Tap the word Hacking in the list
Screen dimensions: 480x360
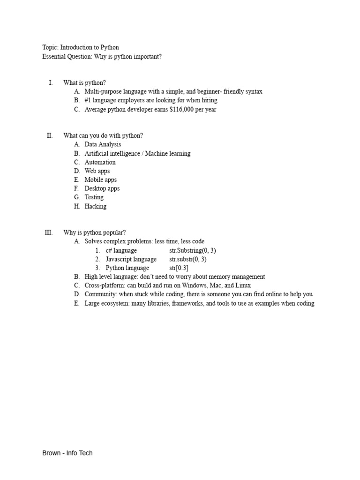(x=95, y=206)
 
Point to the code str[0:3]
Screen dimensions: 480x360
(x=179, y=268)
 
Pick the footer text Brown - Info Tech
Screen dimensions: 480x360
(x=67, y=453)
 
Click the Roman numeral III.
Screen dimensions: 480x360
(x=49, y=232)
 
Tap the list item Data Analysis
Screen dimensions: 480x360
(x=103, y=144)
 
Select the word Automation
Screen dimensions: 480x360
(x=100, y=162)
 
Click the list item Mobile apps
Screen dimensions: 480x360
(x=100, y=180)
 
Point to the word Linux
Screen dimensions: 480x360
(x=242, y=285)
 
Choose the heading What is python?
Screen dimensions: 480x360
(x=84, y=82)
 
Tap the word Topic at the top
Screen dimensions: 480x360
(x=50, y=47)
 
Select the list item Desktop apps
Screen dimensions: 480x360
(x=102, y=188)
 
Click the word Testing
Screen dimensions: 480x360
(x=94, y=197)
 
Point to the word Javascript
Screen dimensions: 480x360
(x=119, y=259)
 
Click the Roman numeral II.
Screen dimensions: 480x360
(x=50, y=135)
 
